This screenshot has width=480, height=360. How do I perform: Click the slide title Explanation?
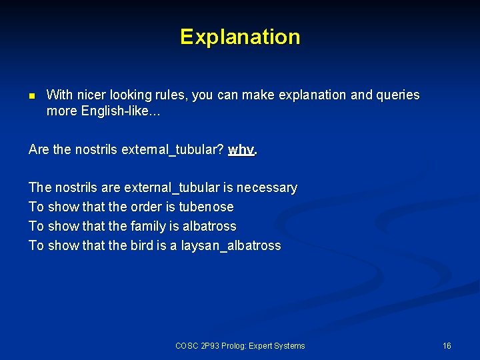pyautogui.click(x=240, y=36)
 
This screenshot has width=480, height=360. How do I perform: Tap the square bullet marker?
pyautogui.click(x=31, y=95)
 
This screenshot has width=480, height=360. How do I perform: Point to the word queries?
pyautogui.click(x=399, y=95)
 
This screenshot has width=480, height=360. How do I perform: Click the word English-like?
pyautogui.click(x=118, y=111)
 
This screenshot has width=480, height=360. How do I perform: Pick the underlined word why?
pyautogui.click(x=241, y=149)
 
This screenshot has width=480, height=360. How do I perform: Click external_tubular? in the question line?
pyautogui.click(x=173, y=149)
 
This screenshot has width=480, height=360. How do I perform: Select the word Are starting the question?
pyautogui.click(x=39, y=149)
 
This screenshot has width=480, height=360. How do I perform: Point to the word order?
pyautogui.click(x=145, y=207)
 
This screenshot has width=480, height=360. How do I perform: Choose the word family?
pyautogui.click(x=148, y=226)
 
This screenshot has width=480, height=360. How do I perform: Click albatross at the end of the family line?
pyautogui.click(x=208, y=226)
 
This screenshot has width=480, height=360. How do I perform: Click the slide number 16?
pyautogui.click(x=447, y=345)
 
